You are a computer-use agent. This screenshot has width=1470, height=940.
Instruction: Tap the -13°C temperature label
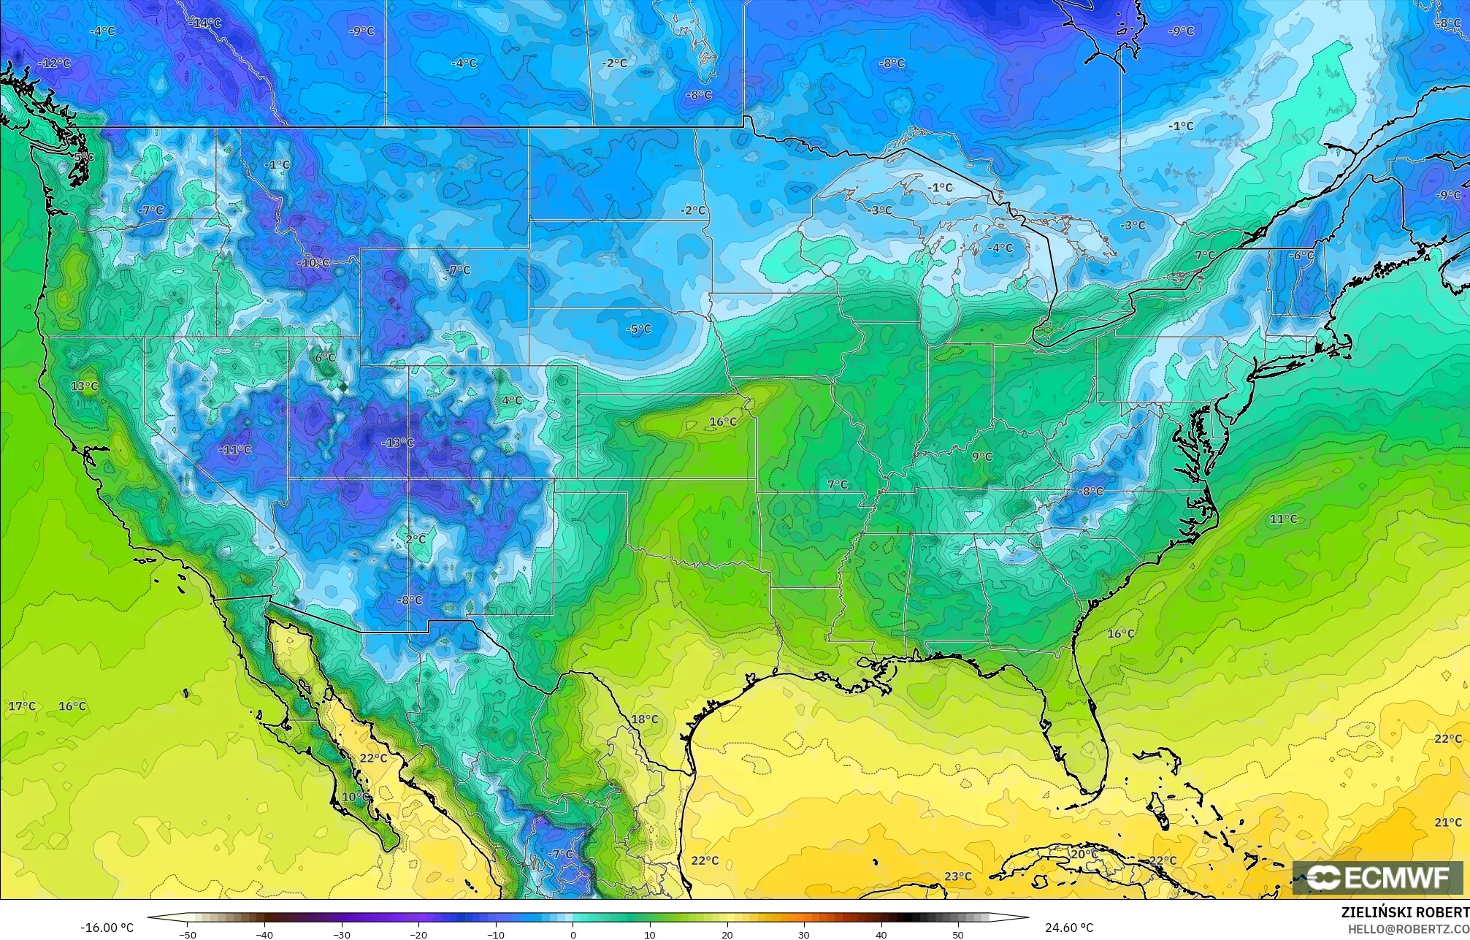(x=398, y=443)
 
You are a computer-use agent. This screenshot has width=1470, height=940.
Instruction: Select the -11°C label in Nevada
(x=235, y=450)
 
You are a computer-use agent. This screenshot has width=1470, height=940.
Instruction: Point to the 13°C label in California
(x=85, y=386)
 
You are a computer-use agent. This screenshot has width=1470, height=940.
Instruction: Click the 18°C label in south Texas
(x=644, y=719)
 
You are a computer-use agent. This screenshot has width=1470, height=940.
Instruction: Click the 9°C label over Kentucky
(x=981, y=456)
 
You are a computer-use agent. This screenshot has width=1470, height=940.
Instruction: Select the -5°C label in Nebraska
(x=638, y=329)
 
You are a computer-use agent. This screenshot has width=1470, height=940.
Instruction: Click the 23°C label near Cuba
(x=958, y=876)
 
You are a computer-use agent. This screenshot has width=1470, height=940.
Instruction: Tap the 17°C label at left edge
(x=22, y=706)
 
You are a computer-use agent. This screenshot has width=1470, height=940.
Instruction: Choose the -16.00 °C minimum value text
(x=107, y=928)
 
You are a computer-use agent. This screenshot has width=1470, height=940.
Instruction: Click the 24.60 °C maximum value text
(x=1069, y=928)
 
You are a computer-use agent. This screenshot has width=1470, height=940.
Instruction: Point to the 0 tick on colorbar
(x=573, y=935)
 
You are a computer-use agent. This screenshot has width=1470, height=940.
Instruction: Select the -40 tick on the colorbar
(x=264, y=935)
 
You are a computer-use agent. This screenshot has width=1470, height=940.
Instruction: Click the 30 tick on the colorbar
(x=804, y=935)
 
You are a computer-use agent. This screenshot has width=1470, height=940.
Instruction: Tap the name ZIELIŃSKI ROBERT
(x=1404, y=912)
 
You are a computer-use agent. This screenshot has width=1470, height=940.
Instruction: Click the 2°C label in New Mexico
(x=416, y=540)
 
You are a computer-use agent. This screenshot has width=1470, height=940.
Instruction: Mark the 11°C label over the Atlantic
(x=1283, y=519)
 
